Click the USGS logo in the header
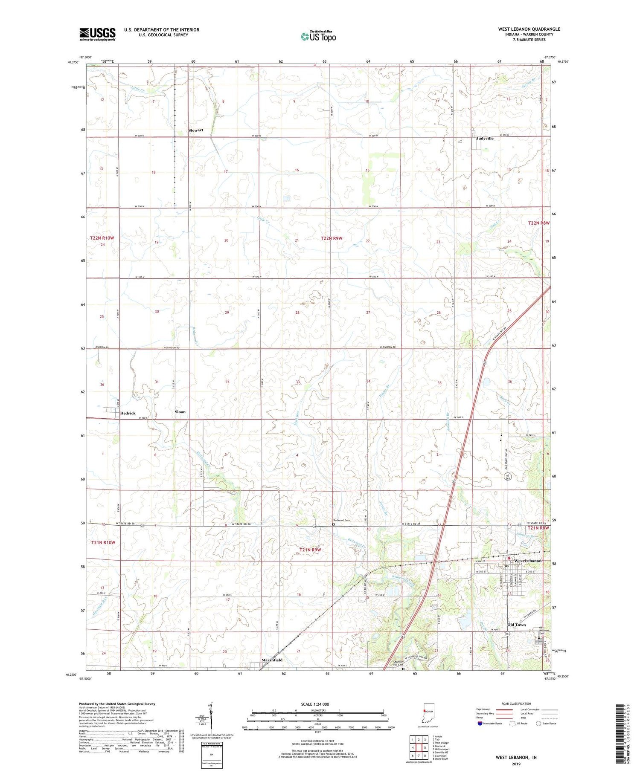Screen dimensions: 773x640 [97, 34]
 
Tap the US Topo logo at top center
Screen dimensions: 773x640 [318, 37]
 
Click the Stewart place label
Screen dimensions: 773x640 [196, 130]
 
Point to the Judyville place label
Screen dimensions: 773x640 [485, 139]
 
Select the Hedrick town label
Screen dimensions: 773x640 [128, 413]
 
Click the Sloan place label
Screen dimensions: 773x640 [180, 412]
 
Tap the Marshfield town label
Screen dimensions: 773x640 [272, 660]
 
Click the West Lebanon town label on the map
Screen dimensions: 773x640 [527, 561]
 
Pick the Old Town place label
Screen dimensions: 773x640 [516, 625]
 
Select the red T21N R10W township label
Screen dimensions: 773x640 [103, 542]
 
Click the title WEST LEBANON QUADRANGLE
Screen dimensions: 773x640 [529, 29]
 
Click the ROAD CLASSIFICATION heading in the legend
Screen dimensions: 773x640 [516, 704]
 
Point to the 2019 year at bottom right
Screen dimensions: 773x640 [516, 759]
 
